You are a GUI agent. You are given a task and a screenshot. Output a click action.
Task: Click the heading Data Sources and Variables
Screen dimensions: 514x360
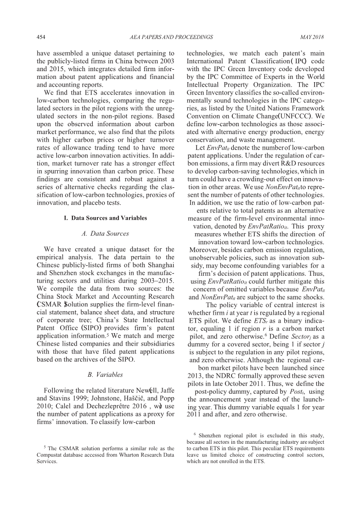pyautogui.click(x=109, y=218)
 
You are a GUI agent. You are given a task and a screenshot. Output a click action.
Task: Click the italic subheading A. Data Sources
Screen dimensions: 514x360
pyautogui.click(x=105, y=234)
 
